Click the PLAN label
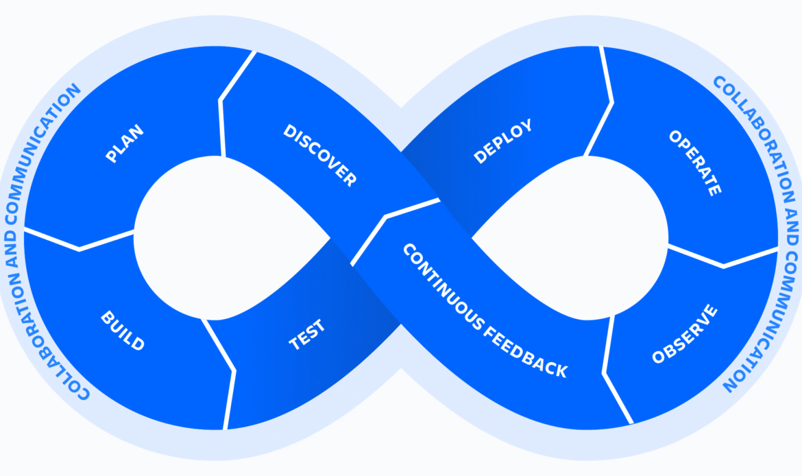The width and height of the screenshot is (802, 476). (125, 143)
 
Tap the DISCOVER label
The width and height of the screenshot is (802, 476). (320, 155)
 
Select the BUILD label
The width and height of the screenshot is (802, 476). (123, 331)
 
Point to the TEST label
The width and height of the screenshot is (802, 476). (307, 335)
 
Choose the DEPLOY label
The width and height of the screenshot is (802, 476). (502, 141)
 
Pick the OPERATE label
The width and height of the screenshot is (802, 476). (695, 163)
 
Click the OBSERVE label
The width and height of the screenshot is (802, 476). (685, 334)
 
